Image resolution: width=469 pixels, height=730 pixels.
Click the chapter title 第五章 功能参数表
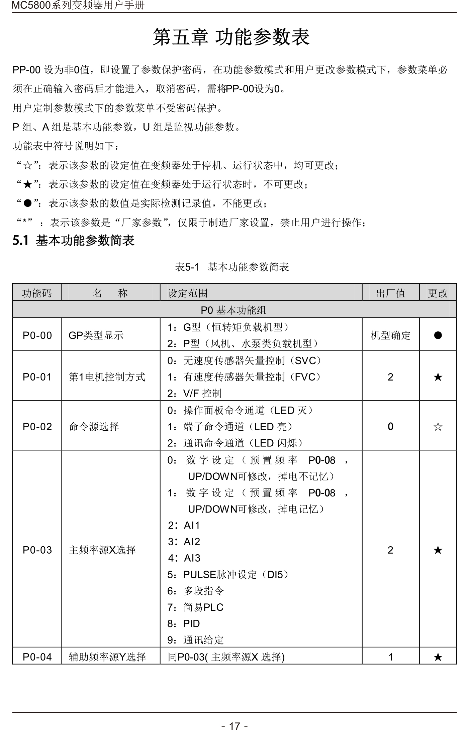231,37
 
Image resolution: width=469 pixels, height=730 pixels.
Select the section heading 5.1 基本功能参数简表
73,241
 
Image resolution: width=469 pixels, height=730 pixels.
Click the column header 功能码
37,293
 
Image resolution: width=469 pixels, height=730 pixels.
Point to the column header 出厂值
390,293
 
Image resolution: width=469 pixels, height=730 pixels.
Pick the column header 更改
438,293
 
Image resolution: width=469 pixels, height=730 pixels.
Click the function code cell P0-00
37,335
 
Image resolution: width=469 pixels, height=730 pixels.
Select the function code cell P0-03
37,550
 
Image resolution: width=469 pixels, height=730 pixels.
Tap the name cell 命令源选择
94,427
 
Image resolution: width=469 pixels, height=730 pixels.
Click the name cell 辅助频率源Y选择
107,657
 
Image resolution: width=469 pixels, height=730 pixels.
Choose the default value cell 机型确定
390,335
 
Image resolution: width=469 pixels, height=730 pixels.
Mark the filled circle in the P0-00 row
438,335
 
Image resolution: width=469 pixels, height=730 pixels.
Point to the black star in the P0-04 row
438,657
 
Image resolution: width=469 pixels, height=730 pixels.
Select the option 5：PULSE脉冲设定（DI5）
228,575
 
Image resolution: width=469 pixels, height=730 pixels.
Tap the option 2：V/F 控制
194,393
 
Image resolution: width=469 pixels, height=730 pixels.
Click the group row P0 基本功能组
233,310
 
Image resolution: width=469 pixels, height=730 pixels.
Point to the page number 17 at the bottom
234,726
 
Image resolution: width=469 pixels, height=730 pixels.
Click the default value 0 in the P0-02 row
390,427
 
